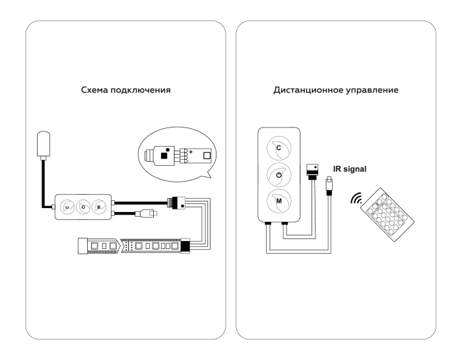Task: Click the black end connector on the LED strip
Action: click(x=185, y=246)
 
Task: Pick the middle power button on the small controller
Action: click(x=83, y=205)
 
